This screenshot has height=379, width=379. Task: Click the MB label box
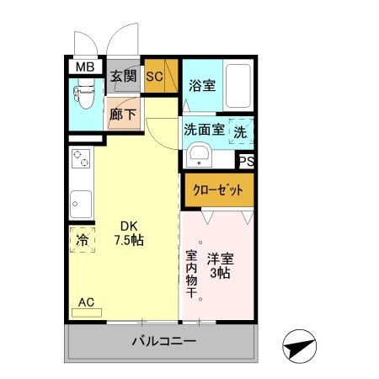click(x=86, y=67)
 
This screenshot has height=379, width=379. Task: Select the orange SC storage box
click(x=156, y=76)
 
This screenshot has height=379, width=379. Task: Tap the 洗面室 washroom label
click(x=204, y=130)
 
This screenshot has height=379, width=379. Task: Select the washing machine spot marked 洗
click(x=241, y=132)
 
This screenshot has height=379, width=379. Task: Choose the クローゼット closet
click(x=218, y=189)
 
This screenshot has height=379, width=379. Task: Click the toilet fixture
click(x=85, y=99)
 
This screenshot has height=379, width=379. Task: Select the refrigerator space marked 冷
click(x=82, y=239)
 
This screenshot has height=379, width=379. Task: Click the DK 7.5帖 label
click(x=128, y=232)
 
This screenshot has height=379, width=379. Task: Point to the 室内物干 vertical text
click(x=192, y=276)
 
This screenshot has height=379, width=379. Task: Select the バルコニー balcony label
click(x=163, y=342)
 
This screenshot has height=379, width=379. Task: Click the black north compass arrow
click(x=300, y=344)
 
